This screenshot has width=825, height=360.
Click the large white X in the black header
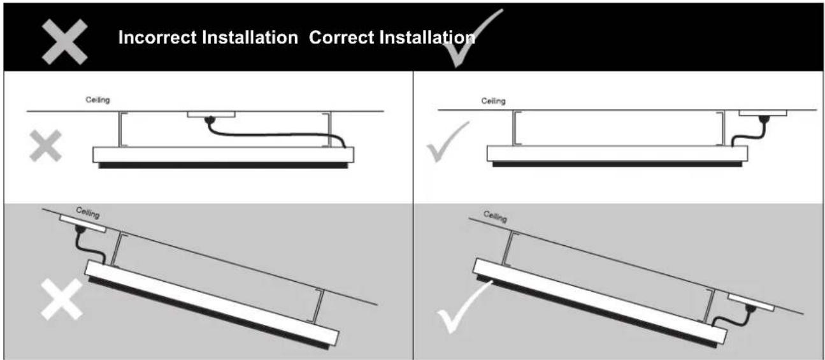click(x=65, y=40)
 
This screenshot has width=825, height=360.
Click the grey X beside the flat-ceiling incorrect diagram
click(x=47, y=146)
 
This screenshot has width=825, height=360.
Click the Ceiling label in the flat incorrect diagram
click(x=97, y=100)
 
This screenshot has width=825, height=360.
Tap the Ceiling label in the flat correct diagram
click(x=493, y=101)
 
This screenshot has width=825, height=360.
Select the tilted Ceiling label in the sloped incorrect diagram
click(x=88, y=212)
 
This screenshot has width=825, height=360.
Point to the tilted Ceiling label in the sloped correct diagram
click(x=495, y=217)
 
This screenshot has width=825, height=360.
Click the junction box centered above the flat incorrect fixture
click(x=210, y=115)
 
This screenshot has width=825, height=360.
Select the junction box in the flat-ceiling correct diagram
click(x=762, y=113)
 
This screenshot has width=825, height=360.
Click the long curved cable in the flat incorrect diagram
click(x=274, y=134)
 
